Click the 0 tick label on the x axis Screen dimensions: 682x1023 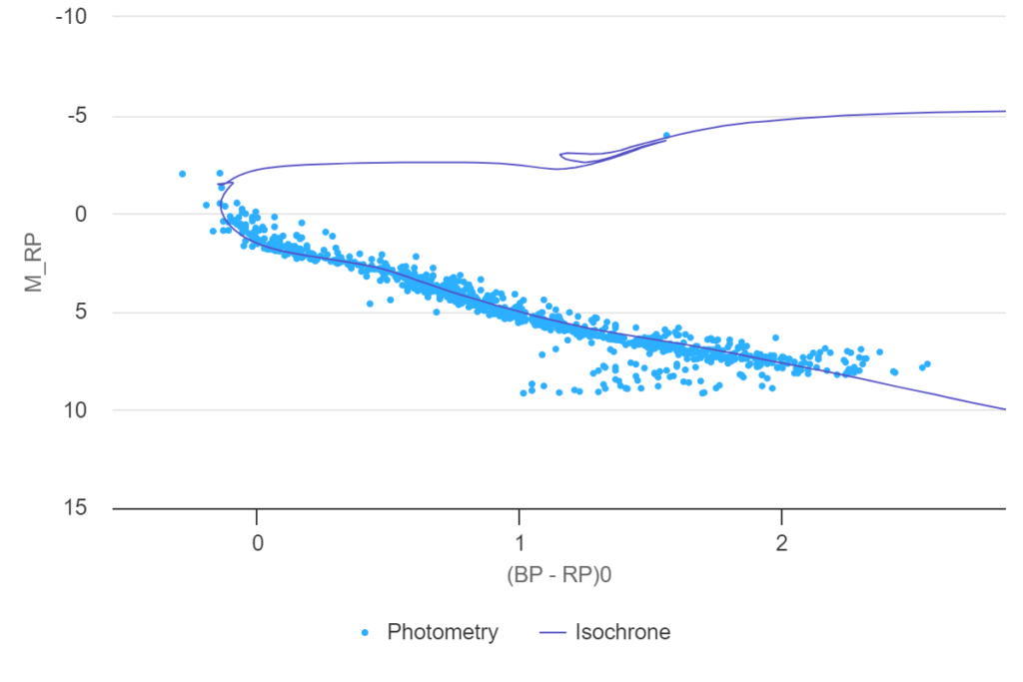pyautogui.click(x=257, y=544)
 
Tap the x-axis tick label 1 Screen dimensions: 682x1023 pyautogui.click(x=519, y=544)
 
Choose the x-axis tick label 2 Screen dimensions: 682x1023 pyautogui.click(x=781, y=544)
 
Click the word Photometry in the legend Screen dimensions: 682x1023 pyautogui.click(x=443, y=632)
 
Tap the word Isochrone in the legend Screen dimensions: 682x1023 pyautogui.click(x=622, y=632)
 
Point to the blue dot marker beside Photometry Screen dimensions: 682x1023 pyautogui.click(x=366, y=632)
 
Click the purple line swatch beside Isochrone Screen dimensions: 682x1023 pyautogui.click(x=552, y=632)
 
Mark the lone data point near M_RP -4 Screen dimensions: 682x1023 pyautogui.click(x=666, y=136)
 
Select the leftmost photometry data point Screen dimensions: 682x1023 pyautogui.click(x=182, y=174)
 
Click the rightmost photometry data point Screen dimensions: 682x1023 pyautogui.click(x=927, y=363)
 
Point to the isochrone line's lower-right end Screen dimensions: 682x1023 pyautogui.click(x=1004, y=409)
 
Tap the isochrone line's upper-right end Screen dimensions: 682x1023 pyautogui.click(x=1004, y=111)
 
